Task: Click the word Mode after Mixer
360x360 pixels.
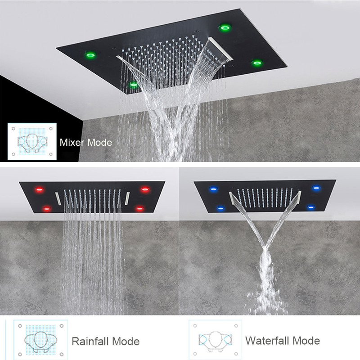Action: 99,143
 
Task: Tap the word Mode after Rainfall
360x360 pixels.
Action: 126,341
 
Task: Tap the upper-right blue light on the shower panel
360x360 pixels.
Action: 316,188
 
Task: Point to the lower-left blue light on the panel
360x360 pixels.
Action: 220,208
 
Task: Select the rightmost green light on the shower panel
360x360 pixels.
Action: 257,63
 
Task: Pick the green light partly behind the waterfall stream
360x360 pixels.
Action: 133,84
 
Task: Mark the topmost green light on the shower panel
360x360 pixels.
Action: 225,28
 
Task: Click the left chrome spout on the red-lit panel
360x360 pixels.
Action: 58,198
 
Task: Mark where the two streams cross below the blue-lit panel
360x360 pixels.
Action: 265,246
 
